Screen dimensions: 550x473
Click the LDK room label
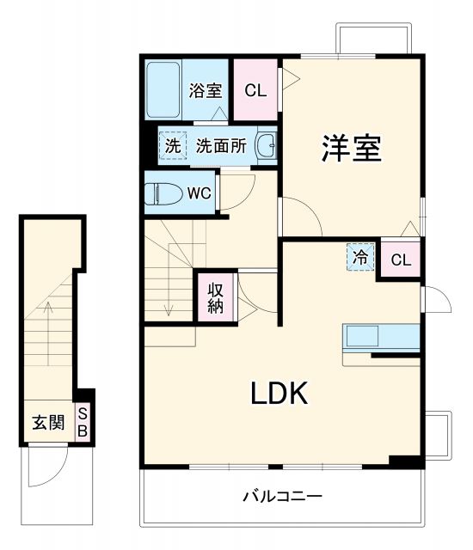279,393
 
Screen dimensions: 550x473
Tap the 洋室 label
352,149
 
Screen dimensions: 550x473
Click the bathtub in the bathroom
163,90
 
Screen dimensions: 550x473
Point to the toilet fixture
163,193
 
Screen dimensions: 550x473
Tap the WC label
200,193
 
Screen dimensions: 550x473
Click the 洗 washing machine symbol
173,146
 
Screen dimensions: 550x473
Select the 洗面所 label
221,146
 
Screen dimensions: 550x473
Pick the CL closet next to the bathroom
255,90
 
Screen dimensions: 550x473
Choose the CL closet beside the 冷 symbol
401,260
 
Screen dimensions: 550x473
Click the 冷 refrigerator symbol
361,256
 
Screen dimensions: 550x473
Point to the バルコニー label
281,497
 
